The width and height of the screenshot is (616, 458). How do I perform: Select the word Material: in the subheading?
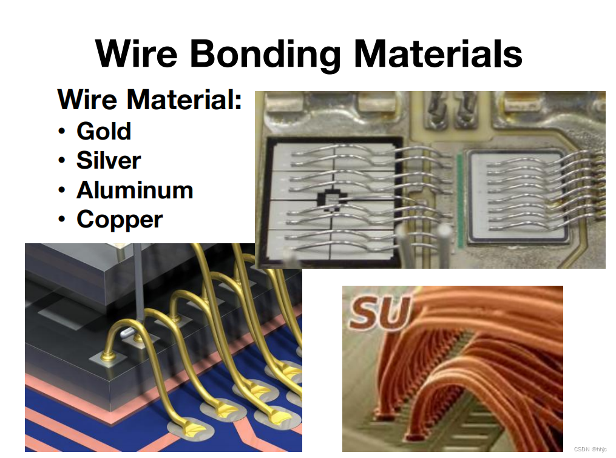(187, 99)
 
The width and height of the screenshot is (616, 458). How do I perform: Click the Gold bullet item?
(104, 131)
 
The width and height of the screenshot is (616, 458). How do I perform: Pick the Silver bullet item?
(109, 160)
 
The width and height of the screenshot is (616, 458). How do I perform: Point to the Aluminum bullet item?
(135, 190)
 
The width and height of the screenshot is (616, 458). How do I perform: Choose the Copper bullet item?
(120, 219)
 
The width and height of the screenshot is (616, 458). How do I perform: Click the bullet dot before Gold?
(62, 132)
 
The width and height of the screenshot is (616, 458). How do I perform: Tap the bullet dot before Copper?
(62, 220)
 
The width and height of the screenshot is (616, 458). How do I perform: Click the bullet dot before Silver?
(62, 161)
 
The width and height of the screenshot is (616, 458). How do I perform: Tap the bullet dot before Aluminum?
(62, 190)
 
